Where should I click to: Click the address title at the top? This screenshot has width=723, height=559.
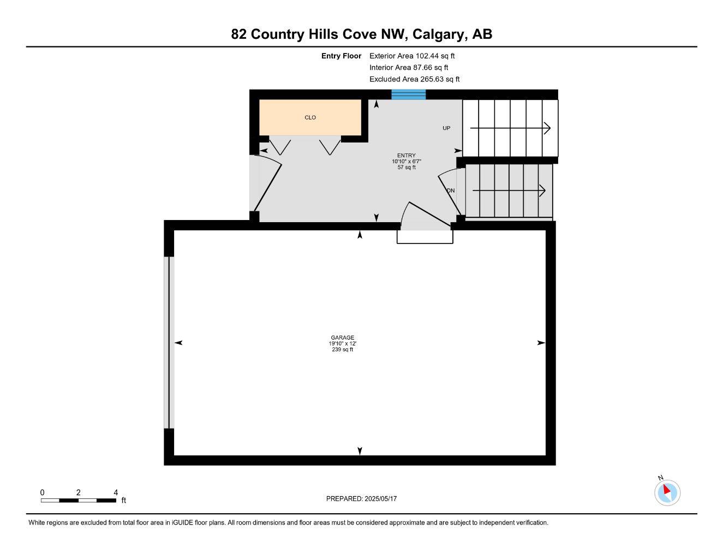pyautogui.click(x=361, y=34)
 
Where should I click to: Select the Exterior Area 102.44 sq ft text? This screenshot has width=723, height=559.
pyautogui.click(x=412, y=56)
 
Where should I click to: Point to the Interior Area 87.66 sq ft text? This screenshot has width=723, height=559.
pyautogui.click(x=409, y=68)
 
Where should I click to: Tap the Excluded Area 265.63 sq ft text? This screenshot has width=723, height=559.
pyautogui.click(x=414, y=79)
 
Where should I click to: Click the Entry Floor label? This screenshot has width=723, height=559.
pyautogui.click(x=341, y=56)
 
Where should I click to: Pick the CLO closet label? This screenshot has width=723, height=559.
pyautogui.click(x=310, y=117)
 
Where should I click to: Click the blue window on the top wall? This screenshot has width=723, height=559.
pyautogui.click(x=408, y=95)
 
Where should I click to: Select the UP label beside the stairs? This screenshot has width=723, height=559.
pyautogui.click(x=446, y=128)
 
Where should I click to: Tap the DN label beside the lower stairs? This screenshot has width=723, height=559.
pyautogui.click(x=451, y=191)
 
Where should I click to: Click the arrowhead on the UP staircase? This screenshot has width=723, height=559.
pyautogui.click(x=547, y=128)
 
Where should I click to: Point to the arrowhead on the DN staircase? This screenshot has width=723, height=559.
pyautogui.click(x=542, y=191)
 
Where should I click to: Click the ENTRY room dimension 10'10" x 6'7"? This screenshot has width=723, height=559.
pyautogui.click(x=407, y=162)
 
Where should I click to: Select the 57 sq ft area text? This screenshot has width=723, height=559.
pyautogui.click(x=407, y=168)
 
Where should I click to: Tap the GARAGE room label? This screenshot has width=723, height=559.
pyautogui.click(x=342, y=337)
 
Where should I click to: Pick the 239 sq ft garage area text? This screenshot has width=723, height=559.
pyautogui.click(x=342, y=349)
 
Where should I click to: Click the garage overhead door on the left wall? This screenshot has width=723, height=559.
pyautogui.click(x=169, y=342)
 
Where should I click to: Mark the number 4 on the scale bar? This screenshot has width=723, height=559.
pyautogui.click(x=116, y=492)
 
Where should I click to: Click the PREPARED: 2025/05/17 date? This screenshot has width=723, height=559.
pyautogui.click(x=361, y=498)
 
